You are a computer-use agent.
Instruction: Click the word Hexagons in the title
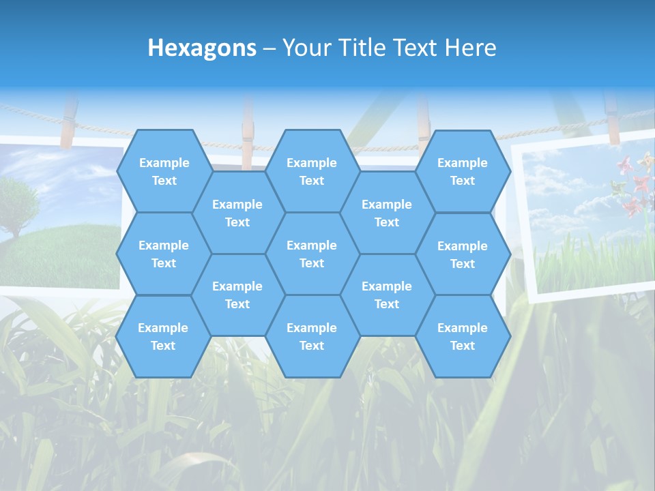202,48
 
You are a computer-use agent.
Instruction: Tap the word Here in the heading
470,48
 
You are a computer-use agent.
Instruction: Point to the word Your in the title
306,48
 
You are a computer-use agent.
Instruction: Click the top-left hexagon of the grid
164,171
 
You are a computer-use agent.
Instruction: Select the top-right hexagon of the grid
463,171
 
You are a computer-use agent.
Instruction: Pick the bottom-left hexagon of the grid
163,336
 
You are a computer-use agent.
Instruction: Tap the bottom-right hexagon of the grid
463,336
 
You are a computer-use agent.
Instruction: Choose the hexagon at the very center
312,254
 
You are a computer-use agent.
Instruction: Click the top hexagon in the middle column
312,171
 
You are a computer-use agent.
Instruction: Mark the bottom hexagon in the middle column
312,336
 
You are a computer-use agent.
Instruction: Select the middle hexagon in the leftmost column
164,254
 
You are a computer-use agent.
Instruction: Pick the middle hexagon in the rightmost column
463,254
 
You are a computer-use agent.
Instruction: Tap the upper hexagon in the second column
237,213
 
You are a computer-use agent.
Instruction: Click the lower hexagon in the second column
237,295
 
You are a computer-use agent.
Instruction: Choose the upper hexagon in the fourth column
387,213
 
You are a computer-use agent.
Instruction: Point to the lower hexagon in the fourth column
387,295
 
